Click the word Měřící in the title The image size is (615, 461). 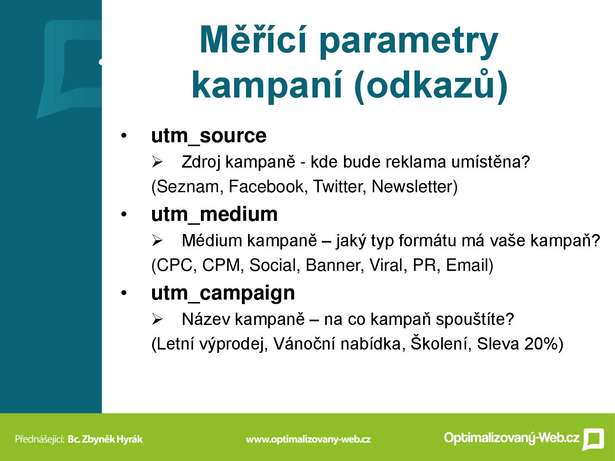click(253, 40)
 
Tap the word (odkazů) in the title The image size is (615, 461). click(431, 85)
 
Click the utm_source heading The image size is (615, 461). click(209, 136)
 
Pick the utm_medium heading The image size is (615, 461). click(214, 214)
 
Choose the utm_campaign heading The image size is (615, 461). click(223, 294)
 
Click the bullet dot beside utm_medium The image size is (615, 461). click(124, 214)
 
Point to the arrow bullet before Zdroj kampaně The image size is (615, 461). click(157, 162)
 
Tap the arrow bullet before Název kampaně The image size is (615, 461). click(157, 319)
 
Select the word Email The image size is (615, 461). click(466, 265)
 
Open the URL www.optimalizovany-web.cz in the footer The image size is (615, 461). click(308, 439)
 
